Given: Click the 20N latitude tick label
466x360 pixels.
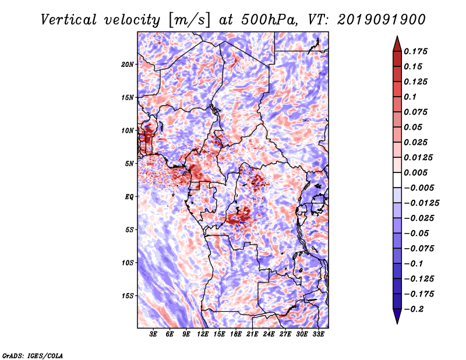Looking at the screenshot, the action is pyautogui.click(x=128, y=64).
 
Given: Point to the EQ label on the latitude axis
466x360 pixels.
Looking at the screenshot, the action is pyautogui.click(x=129, y=196).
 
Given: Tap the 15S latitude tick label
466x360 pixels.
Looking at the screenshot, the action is pyautogui.click(x=128, y=296).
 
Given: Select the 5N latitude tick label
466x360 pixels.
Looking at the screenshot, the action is pyautogui.click(x=129, y=164).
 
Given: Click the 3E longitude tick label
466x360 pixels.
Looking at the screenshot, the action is pyautogui.click(x=153, y=334).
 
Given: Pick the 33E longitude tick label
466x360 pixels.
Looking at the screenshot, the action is pyautogui.click(x=318, y=334).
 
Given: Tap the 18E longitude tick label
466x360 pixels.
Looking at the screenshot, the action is pyautogui.click(x=236, y=334).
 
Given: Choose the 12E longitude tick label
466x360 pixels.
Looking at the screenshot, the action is pyautogui.click(x=203, y=334).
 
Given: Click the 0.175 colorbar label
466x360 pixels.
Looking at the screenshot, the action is pyautogui.click(x=415, y=51).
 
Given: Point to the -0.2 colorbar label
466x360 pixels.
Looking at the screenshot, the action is pyautogui.click(x=414, y=309).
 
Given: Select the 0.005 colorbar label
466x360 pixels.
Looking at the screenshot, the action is pyautogui.click(x=415, y=172).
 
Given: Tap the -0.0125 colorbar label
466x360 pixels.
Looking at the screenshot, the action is pyautogui.click(x=421, y=203).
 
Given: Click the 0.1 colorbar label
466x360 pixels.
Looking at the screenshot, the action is pyautogui.click(x=410, y=97).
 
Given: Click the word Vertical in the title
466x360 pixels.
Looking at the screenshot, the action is pyautogui.click(x=69, y=20).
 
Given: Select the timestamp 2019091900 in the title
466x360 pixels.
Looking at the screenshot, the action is pyautogui.click(x=382, y=20).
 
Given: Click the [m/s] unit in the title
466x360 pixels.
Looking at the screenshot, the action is pyautogui.click(x=189, y=20).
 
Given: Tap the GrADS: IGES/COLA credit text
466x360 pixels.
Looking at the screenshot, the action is pyautogui.click(x=33, y=355).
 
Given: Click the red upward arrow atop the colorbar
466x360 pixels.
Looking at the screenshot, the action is pyautogui.click(x=397, y=44).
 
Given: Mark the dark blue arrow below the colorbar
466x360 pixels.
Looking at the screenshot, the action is pyautogui.click(x=397, y=316).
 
